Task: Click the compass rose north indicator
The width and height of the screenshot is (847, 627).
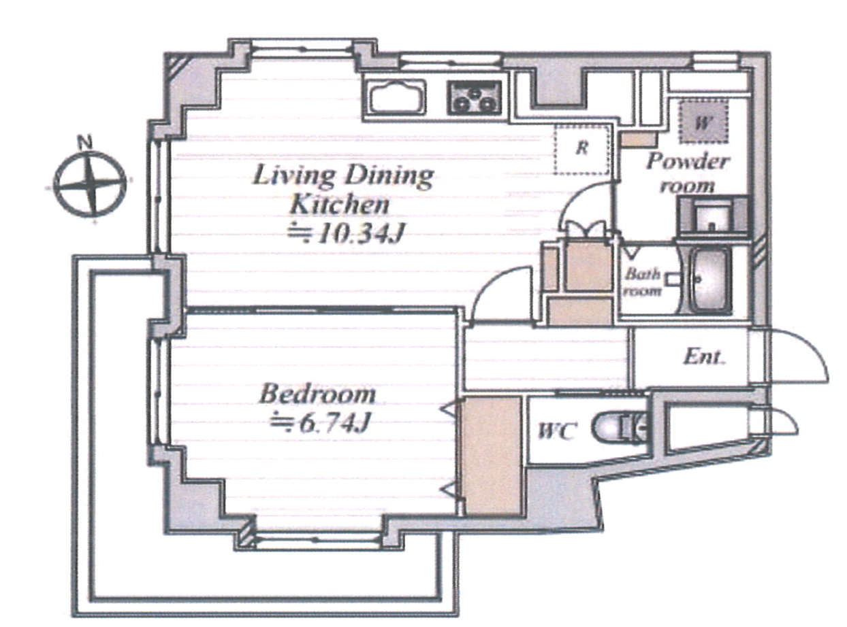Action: click(90, 184)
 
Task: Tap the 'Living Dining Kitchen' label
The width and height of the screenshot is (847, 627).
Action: click(342, 190)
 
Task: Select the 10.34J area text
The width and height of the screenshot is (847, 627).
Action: click(345, 233)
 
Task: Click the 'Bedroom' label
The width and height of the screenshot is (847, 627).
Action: click(317, 394)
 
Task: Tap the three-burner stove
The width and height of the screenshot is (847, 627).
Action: click(475, 98)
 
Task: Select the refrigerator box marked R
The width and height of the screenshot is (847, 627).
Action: click(582, 149)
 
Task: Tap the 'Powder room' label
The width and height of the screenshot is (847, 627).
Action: click(687, 173)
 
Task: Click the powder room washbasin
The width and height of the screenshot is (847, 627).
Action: click(712, 217)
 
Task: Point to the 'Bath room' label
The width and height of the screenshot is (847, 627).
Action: click(642, 282)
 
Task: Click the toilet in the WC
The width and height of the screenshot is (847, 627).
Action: click(620, 427)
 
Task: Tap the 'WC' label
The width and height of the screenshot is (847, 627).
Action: click(556, 431)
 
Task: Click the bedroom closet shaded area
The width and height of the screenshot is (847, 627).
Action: click(492, 456)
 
